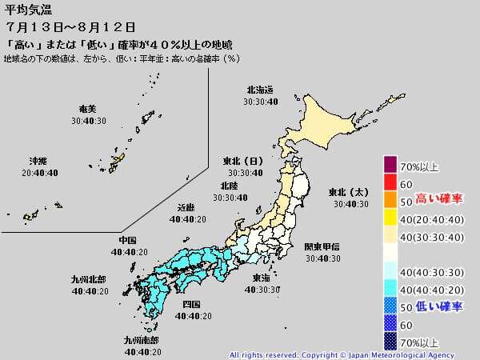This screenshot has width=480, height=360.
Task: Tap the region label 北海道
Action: [260, 91]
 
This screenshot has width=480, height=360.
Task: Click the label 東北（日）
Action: [243, 162]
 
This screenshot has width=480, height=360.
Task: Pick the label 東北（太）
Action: [349, 192]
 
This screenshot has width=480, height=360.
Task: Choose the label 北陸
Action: [228, 186]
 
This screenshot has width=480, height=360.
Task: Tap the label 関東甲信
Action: [322, 247]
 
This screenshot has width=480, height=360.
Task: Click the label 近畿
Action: [187, 207]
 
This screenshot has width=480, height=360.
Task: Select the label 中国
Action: [127, 240]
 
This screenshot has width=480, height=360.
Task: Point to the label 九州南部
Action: [141, 340]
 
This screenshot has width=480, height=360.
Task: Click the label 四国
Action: [191, 305]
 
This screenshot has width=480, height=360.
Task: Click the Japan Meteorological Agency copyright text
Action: [342, 354]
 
